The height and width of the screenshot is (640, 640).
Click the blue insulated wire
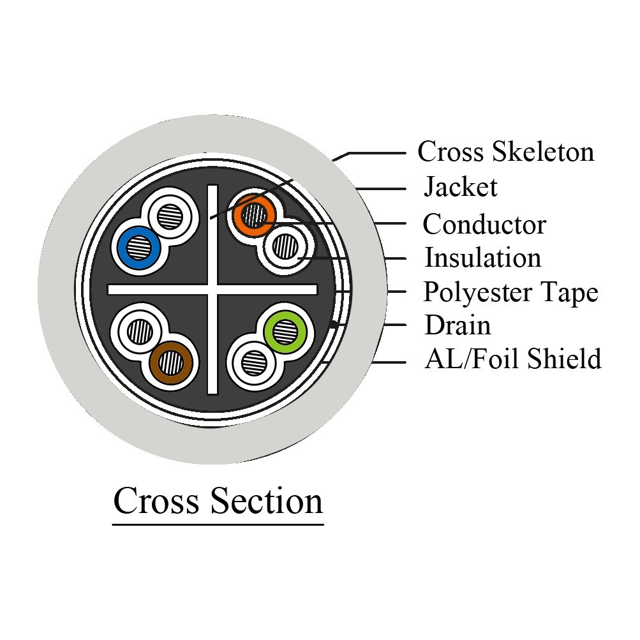click(138, 248)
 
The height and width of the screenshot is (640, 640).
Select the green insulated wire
click(285, 331)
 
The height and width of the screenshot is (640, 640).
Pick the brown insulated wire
click(170, 363)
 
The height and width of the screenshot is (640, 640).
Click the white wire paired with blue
click(170, 216)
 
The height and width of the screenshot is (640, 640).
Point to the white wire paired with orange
click(285, 246)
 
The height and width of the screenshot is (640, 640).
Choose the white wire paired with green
click(254, 363)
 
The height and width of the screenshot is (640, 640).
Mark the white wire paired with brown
click(140, 331)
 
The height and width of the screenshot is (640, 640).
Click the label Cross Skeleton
click(506, 151)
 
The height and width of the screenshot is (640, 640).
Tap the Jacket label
click(461, 187)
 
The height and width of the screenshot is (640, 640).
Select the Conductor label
click(484, 224)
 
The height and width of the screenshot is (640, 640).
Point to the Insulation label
click(483, 258)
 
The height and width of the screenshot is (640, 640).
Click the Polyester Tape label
click(510, 293)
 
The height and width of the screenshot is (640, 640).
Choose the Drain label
click(458, 325)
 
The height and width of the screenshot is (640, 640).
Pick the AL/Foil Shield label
click(512, 359)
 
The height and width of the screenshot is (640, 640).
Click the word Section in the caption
click(267, 501)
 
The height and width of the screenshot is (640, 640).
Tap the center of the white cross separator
click(212, 290)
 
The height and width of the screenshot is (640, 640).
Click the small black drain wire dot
click(334, 325)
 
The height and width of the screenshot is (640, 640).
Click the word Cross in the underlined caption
click(156, 501)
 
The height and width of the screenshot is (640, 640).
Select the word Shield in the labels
click(564, 359)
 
